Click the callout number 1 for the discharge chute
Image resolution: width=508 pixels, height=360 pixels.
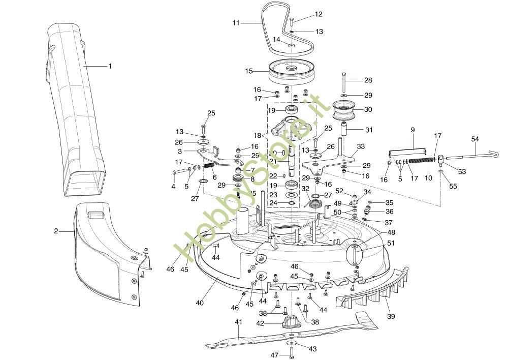point(110,66)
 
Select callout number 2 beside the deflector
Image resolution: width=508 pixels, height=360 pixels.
point(56,231)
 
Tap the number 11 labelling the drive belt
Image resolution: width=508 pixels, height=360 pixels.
point(236,23)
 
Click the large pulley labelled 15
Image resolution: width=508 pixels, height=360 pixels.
point(291,72)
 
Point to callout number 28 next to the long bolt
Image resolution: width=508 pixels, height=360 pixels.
point(368,80)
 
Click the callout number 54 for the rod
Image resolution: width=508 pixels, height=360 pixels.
point(475,139)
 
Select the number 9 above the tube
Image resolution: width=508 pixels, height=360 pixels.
point(412,130)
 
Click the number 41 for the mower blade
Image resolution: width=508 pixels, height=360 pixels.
point(239,322)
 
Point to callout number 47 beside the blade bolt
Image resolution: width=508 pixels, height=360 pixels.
point(274,354)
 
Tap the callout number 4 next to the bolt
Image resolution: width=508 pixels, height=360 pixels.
point(173,187)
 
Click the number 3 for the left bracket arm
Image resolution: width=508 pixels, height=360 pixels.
point(180,152)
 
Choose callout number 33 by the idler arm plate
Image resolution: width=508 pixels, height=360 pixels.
point(361,146)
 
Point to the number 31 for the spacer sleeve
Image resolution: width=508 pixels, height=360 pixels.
point(369,130)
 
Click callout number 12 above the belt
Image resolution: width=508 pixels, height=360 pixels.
point(319,14)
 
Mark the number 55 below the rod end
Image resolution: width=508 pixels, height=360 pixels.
point(453,186)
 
